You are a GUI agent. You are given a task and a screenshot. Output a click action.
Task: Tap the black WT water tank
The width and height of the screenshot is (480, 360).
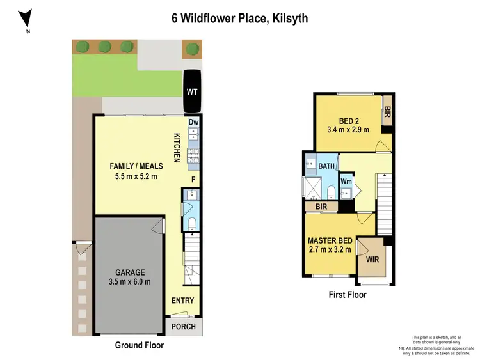192,91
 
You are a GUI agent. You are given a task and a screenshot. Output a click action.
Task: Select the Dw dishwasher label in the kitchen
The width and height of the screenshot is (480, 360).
194,122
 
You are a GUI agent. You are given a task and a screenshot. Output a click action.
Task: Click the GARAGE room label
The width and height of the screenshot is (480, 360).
130,272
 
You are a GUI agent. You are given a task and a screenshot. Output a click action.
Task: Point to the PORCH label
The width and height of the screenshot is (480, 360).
184,327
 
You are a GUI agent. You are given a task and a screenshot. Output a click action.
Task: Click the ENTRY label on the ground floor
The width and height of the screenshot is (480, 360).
182,301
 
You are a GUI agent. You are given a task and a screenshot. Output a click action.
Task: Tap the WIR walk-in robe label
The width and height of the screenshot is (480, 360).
373,261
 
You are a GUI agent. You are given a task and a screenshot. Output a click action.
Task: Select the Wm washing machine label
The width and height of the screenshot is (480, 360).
346,182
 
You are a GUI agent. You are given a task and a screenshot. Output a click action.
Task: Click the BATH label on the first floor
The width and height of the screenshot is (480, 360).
327,167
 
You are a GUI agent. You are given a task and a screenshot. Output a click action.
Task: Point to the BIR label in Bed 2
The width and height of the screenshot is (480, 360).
387,113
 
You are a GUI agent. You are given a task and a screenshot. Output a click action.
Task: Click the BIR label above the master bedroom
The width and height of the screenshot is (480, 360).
322,207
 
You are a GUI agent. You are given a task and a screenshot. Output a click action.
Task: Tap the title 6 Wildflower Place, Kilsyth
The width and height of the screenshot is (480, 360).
239,19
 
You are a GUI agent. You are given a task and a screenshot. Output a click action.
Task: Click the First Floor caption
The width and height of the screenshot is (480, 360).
347,295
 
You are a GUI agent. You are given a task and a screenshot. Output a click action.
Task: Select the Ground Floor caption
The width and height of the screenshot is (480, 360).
139,345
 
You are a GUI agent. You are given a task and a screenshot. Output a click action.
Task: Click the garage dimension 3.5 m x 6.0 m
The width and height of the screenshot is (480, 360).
130,283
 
